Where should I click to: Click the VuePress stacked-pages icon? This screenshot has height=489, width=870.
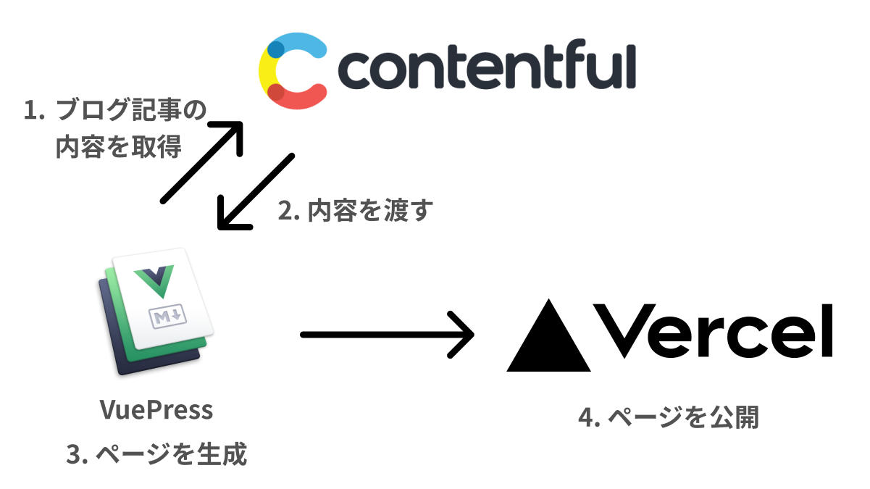154,312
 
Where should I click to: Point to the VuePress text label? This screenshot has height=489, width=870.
156,410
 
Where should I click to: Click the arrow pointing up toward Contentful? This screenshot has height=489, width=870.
202,162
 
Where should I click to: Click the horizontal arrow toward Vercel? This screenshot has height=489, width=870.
387,335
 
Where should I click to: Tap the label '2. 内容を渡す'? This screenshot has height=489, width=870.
356,211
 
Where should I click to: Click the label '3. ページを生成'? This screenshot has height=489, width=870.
156,454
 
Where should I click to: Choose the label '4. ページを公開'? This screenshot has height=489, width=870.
669,417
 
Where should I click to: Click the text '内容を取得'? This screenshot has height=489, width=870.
119,147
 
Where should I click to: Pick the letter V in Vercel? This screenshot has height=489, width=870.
625,330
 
